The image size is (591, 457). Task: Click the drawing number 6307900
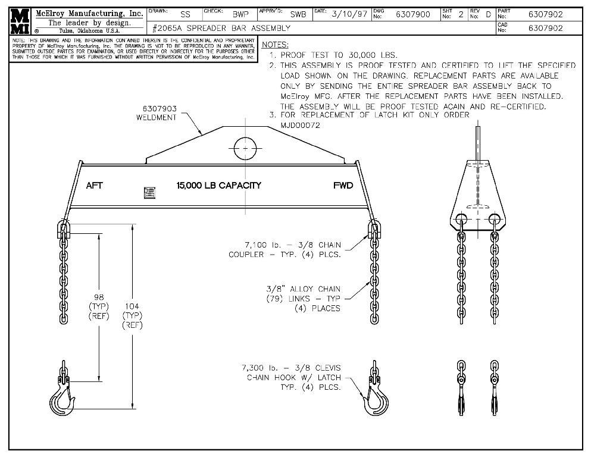[x=412, y=14]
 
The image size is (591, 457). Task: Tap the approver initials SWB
[x=298, y=14]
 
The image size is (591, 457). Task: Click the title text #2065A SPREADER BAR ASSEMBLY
[x=221, y=28]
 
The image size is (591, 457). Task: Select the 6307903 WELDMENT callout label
[x=159, y=113]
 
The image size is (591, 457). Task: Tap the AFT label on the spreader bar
[x=94, y=186]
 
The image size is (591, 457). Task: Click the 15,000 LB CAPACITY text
[x=218, y=186]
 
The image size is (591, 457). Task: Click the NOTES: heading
[x=275, y=45]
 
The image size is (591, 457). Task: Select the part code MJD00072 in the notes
[x=300, y=126]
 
